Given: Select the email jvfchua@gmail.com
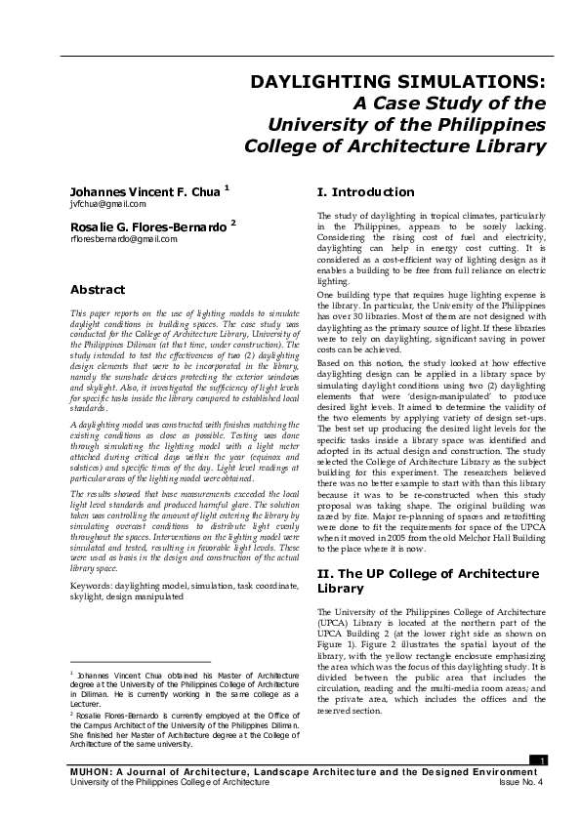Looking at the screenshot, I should coord(107,205).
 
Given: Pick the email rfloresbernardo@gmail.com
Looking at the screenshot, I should coord(123,238).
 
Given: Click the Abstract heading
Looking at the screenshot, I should coord(98,289).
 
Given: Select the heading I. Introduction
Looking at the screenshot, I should coord(366,191).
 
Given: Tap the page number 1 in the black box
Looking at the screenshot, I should coord(543,760).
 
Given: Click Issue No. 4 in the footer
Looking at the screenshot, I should coord(520,782).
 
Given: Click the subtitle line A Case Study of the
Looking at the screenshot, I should coord(448,103).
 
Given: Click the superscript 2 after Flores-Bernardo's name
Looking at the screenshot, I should coord(233,222).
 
